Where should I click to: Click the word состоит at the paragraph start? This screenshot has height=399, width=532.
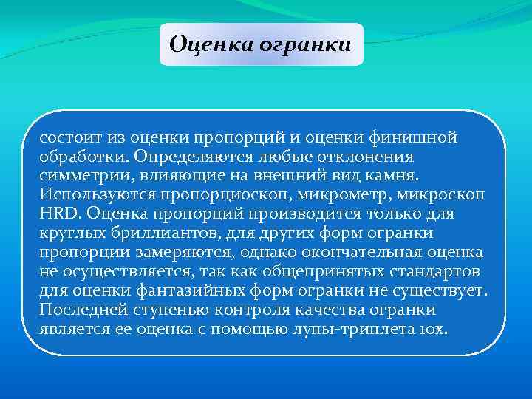click(71, 137)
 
